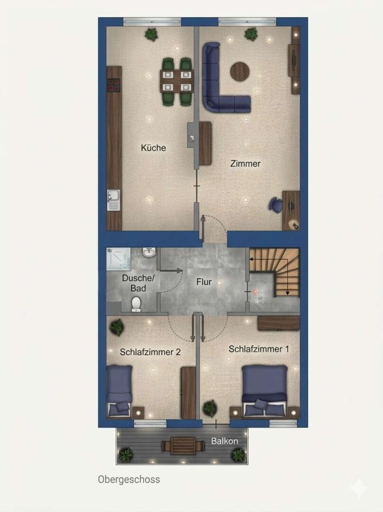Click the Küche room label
(x=153, y=148)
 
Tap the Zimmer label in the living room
(x=245, y=164)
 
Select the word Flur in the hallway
(x=204, y=282)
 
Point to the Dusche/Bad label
(x=138, y=283)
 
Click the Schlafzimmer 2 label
(x=150, y=352)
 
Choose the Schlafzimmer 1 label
(x=259, y=349)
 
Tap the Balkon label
(x=224, y=441)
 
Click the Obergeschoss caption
(x=129, y=479)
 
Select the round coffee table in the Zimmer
(x=240, y=71)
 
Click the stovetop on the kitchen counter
(x=114, y=85)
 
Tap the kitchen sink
(x=113, y=200)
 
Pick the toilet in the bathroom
(x=136, y=304)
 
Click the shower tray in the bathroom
(x=119, y=259)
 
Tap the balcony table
(x=179, y=445)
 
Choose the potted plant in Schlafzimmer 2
(x=117, y=327)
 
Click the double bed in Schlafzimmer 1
(x=264, y=391)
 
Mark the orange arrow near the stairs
(x=255, y=292)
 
